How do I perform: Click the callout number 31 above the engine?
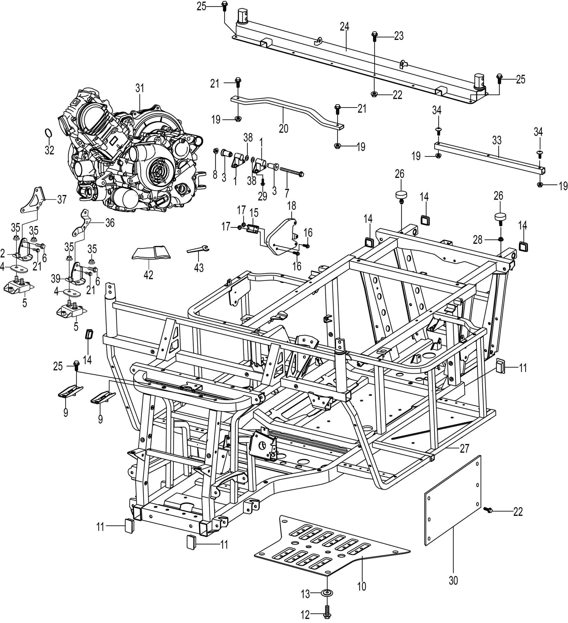point(140,88)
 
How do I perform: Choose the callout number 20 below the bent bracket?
point(283,128)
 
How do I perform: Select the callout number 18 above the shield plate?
point(291,206)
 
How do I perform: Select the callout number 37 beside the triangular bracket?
point(62,200)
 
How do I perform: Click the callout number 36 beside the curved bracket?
point(110,222)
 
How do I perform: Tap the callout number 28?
point(478,240)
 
